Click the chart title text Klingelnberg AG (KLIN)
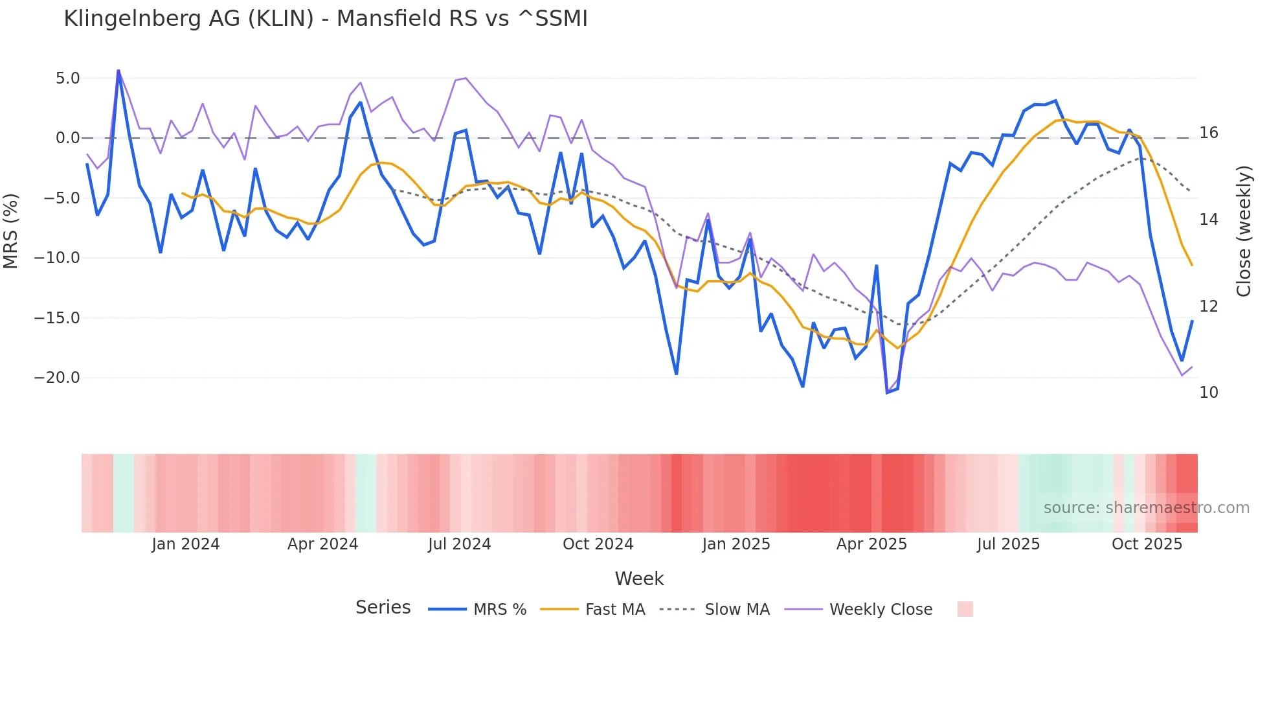pos(188,19)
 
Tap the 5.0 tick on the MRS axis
pos(67,78)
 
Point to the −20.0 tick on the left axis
pos(57,378)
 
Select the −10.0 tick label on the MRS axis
pos(57,258)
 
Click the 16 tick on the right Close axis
pos(1208,133)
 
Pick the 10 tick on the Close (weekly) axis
pos(1208,393)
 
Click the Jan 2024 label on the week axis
pos(186,544)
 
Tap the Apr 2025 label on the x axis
pos(871,544)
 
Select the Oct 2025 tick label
pos(1147,544)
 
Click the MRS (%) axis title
pos(11,231)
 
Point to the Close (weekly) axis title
pos(1243,231)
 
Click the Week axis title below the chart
pos(639,579)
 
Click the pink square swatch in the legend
pos(965,609)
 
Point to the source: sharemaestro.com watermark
pos(1146,508)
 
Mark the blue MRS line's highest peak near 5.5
pos(118,71)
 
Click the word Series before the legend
pos(383,608)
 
